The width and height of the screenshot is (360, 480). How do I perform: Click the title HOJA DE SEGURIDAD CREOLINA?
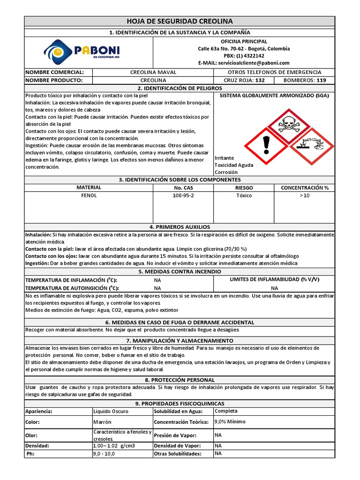tap(180, 22)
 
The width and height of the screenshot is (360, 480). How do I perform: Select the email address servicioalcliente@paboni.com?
tap(244, 63)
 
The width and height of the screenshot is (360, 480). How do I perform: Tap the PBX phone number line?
tap(244, 56)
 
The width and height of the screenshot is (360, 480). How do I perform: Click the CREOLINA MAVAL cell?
tap(153, 72)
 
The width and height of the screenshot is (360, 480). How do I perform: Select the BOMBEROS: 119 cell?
tap(305, 80)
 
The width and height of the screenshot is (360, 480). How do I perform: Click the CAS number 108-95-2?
tap(183, 195)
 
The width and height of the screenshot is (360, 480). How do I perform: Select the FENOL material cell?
tap(89, 195)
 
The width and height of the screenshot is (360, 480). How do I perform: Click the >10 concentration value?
tap(305, 195)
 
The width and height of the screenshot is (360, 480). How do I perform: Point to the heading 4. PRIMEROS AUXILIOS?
tap(180, 227)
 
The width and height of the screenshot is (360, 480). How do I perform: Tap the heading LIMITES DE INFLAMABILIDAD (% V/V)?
tap(274, 279)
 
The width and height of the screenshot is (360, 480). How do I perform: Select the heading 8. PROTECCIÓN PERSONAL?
tap(180, 380)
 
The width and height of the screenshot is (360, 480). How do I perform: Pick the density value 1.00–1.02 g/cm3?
tap(114, 446)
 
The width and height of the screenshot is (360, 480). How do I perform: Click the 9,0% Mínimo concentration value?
tap(230, 422)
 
